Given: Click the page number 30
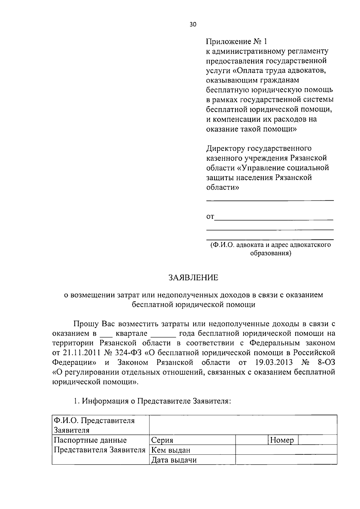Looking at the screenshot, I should tap(193, 25).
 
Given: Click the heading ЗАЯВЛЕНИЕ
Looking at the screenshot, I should tap(193, 277).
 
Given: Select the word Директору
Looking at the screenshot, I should tap(225, 148).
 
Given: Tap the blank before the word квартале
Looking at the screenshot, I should tap(105, 334).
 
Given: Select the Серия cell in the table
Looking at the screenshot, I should tap(162, 440).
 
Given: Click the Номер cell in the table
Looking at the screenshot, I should tap(282, 440).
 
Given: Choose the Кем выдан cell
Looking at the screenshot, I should tap(170, 450).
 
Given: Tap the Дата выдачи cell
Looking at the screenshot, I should tap(174, 460).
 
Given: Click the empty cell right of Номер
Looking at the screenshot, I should tap(318, 440).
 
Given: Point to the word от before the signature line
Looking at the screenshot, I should tap(210, 217).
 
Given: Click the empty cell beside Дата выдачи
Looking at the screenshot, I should tap(286, 460).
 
